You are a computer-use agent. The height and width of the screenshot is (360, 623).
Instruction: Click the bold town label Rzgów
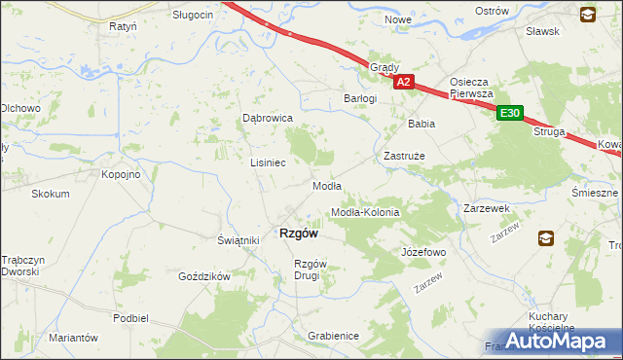point(299,233)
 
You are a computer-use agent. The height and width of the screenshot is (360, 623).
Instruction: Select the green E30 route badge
point(510,114)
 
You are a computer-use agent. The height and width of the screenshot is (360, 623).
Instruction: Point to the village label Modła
point(326,186)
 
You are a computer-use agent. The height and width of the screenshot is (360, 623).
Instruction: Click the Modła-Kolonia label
point(365,212)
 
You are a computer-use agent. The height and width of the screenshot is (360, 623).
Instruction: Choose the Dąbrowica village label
point(268,118)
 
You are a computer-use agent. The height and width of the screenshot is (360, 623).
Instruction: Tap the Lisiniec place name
point(268,162)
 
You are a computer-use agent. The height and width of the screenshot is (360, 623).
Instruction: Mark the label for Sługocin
point(193,16)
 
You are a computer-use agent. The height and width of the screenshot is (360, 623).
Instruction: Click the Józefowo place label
point(422,252)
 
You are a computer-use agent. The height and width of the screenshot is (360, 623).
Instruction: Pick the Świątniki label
point(238,240)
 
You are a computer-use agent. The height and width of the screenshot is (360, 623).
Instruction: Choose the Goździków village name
point(203,276)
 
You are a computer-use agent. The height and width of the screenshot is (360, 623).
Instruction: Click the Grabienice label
point(333,336)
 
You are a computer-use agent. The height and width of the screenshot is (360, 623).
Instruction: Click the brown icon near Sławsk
point(587,15)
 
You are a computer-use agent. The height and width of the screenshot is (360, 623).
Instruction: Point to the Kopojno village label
point(122,174)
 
